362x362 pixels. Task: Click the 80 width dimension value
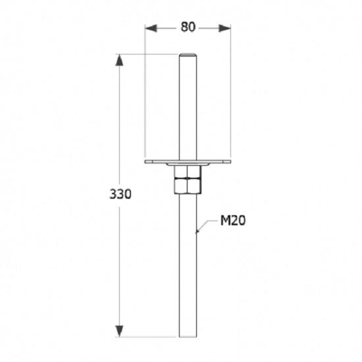pos(188,27)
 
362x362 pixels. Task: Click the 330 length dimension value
pos(120,194)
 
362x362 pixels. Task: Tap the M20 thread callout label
pos(233,220)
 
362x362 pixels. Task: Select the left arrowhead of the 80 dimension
pos(151,28)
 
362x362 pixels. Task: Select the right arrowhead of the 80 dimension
pos(224,28)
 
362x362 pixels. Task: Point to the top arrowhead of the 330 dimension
pos(119,60)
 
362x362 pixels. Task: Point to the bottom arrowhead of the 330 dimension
pos(119,331)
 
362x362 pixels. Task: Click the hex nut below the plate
pos(188,180)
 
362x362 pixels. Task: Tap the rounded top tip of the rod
pos(188,55)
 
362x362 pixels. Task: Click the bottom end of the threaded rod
pos(188,336)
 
